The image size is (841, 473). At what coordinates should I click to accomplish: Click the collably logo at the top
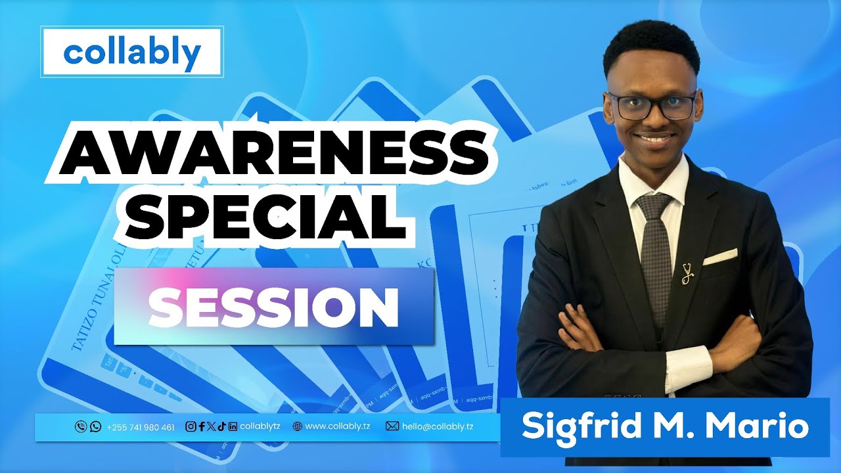(131, 52)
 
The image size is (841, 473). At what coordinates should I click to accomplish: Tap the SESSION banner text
(273, 307)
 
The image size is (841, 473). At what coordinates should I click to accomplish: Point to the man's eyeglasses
(651, 105)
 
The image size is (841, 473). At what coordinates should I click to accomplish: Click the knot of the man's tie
(653, 208)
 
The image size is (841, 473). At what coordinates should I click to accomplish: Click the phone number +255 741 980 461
(141, 427)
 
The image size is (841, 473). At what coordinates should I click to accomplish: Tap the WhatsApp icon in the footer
(95, 427)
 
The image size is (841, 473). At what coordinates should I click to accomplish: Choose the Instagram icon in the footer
(191, 426)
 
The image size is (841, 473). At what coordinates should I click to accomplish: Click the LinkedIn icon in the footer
(232, 426)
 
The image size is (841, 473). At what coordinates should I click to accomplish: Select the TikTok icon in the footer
(221, 426)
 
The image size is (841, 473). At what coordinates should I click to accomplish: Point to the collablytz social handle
(260, 426)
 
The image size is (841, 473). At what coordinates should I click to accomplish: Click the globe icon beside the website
(298, 426)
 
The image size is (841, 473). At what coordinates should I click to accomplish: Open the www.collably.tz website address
(338, 426)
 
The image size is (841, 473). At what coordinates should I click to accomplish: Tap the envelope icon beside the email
(392, 426)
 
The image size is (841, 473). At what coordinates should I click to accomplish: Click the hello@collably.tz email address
(438, 426)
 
